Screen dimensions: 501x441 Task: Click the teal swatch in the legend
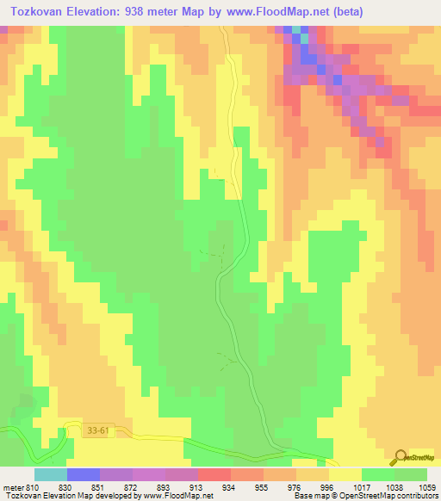50,474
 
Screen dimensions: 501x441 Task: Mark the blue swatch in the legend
83,474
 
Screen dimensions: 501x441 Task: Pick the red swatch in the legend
214,474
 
